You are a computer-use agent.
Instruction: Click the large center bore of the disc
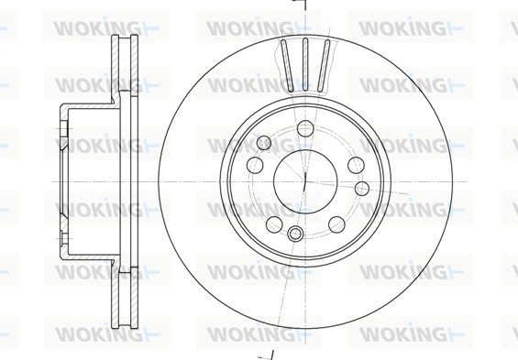coord(305,181)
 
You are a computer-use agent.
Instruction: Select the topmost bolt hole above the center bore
coord(305,128)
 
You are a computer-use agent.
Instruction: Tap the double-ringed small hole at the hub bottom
coord(294,235)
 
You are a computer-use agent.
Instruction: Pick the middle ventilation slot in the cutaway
coord(305,64)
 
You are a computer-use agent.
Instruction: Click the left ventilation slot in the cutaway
coord(287,65)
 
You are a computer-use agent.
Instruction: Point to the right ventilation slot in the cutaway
coord(324,65)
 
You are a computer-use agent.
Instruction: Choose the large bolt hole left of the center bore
coord(255,165)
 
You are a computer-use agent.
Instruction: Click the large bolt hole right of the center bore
coord(356,165)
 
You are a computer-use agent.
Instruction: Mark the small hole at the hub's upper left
coord(264,143)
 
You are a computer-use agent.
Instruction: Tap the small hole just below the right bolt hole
coord(362,188)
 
